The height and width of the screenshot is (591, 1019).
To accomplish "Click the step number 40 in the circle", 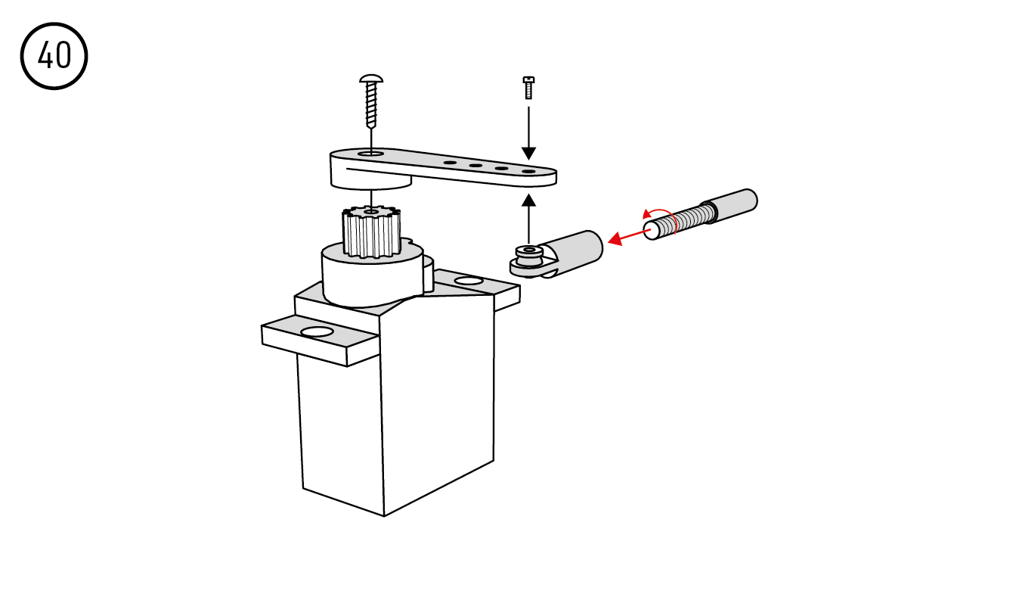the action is [54, 55].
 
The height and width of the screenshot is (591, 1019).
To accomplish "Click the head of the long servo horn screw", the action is [371, 79].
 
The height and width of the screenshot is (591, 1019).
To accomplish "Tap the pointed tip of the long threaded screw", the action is [371, 126].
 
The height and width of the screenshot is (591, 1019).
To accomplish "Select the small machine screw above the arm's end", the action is [528, 88].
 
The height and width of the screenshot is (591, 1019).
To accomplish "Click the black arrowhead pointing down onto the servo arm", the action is [528, 154].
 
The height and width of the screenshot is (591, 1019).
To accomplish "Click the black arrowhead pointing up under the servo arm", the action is [528, 201].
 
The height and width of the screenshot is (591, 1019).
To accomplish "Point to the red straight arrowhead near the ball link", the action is [615, 239].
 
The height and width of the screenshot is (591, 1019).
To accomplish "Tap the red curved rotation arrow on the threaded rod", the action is [662, 219].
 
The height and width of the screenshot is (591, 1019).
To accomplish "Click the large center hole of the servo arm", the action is [371, 154].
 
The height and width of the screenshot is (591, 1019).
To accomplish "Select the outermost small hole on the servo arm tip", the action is [528, 172].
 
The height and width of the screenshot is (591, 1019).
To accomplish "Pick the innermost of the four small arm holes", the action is [450, 162].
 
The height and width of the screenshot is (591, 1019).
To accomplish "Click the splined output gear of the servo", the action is [372, 232].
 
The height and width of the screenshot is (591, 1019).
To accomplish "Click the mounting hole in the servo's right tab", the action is [469, 281].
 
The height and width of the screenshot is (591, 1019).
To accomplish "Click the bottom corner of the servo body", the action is [384, 516].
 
